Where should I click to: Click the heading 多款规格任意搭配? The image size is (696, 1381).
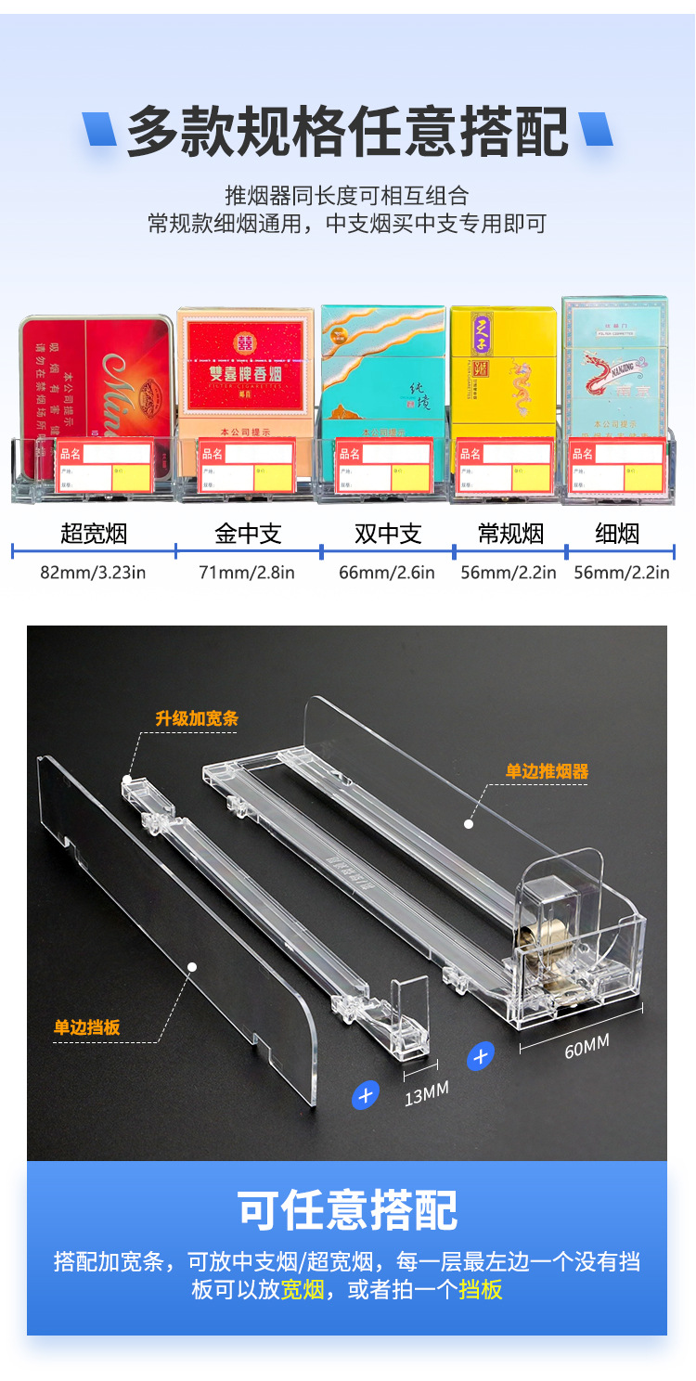tap(348, 131)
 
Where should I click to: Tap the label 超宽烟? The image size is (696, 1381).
tap(93, 534)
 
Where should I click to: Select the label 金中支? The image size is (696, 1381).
tap(248, 534)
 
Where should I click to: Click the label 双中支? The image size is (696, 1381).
tap(388, 534)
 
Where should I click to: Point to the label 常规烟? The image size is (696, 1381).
tap(510, 534)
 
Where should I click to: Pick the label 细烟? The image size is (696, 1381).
tap(617, 534)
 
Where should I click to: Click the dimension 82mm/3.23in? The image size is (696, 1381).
tap(93, 572)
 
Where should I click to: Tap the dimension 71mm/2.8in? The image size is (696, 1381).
tap(247, 572)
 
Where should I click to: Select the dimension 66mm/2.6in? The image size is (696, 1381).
tap(387, 572)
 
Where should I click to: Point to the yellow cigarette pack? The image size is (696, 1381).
tap(503, 371)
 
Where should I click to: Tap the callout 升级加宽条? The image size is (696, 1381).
tap(197, 717)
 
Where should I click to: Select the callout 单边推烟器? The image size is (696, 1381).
tap(547, 770)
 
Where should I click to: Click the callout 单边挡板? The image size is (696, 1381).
tap(87, 1027)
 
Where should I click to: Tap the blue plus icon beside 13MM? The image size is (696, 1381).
tap(366, 1095)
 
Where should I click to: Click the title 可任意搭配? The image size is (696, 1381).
tap(348, 1209)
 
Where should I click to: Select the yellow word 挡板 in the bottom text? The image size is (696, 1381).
tap(481, 1289)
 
